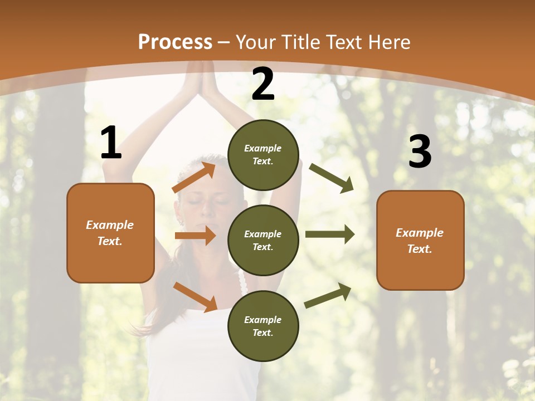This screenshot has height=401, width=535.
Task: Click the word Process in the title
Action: (175, 42)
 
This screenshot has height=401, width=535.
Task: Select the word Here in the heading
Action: (388, 42)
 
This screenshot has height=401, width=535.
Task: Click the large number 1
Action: (111, 143)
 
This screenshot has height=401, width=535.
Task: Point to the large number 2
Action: (263, 84)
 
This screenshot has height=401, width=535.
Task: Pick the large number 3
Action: (420, 151)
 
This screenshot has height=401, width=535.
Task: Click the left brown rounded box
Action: (110, 233)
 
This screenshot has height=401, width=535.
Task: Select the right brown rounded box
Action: (420, 240)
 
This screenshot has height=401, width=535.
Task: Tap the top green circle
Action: (263, 155)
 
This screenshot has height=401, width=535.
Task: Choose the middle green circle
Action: (263, 240)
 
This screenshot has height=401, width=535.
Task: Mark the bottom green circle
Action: (263, 326)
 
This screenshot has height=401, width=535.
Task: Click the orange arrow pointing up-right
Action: (194, 178)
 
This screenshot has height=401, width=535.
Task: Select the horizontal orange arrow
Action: (195, 236)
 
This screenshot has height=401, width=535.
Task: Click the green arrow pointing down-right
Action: (332, 178)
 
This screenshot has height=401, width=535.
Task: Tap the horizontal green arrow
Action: (330, 234)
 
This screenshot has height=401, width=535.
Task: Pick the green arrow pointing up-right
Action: (328, 296)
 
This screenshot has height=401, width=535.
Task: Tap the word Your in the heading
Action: (256, 42)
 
